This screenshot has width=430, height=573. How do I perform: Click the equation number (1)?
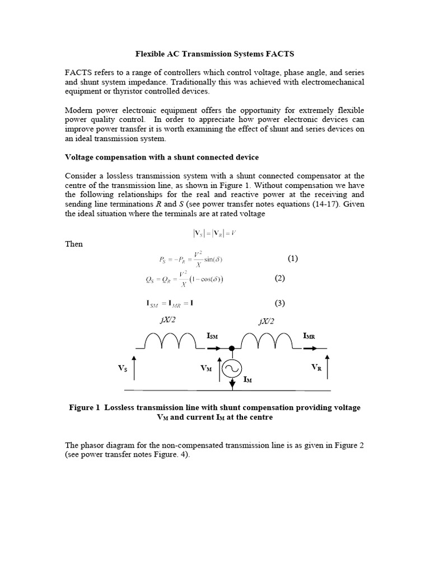[293, 259]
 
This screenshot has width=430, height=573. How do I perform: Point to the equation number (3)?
[280, 303]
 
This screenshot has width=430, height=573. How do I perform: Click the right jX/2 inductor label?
[267, 321]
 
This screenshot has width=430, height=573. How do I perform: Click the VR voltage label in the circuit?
[317, 368]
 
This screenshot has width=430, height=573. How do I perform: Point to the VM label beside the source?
[207, 369]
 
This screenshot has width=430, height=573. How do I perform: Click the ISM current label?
[212, 336]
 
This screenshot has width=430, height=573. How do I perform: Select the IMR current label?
[309, 336]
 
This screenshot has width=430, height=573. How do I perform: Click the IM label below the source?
[247, 379]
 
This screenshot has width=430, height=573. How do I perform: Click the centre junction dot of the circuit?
[231, 348]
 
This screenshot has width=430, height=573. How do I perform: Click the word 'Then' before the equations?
[74, 245]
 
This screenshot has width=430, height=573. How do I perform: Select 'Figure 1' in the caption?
[85, 407]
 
